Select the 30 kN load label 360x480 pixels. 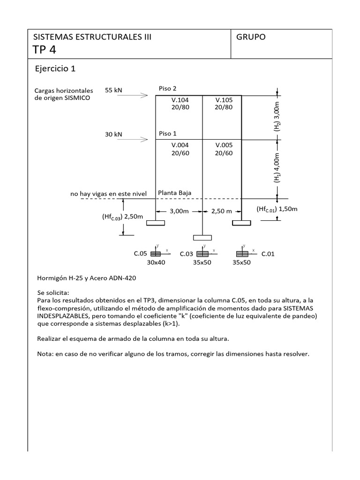[x=113, y=134]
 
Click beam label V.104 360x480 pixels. [x=180, y=100]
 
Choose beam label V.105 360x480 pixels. [x=224, y=100]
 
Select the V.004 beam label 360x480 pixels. [x=180, y=145]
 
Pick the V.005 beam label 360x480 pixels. [x=224, y=145]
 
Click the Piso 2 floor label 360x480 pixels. [x=168, y=89]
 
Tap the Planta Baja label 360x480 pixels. [x=174, y=193]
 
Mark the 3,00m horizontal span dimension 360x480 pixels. [x=179, y=211]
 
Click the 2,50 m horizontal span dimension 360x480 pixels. [x=222, y=211]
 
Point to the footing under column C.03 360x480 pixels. [x=202, y=238]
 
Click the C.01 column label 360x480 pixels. [x=268, y=254]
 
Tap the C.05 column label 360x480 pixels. [x=141, y=254]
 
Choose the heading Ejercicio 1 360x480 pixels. [x=55, y=69]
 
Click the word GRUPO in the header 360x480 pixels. [x=251, y=37]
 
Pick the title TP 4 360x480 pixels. [x=45, y=50]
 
